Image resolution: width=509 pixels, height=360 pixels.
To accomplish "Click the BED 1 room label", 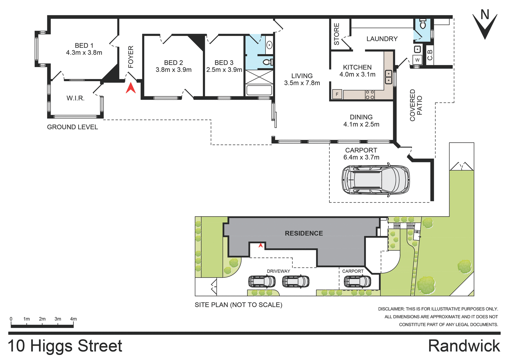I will tap(84, 46).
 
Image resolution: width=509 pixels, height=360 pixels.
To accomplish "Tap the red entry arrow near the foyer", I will tap(131, 88).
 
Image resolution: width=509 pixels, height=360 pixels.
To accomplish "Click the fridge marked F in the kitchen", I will tap(337, 94).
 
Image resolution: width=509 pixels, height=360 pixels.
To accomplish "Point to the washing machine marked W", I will tap(417, 60).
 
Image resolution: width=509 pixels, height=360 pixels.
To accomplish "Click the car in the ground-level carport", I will tap(376, 180).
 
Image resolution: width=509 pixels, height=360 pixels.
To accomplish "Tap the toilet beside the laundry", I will tap(423, 24).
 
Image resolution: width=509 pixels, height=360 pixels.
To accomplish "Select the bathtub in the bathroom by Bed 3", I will tap(259, 90).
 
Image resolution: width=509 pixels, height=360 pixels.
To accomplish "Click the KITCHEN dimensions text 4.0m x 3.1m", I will tap(357, 75).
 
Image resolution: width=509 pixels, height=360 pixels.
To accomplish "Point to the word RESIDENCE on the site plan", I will tap(304, 233).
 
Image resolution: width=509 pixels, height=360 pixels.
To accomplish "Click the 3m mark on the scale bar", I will tap(58, 319).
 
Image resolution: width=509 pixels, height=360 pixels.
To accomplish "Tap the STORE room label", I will tap(336, 34).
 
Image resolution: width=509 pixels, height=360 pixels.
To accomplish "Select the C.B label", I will tap(430, 55).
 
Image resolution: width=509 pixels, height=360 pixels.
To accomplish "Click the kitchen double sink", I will tap(388, 77).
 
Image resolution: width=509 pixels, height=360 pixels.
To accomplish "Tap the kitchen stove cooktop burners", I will tap(370, 95).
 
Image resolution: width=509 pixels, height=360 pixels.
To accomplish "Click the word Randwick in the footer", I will tap(464, 346).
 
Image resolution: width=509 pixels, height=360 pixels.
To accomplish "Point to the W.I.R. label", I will tap(76, 98).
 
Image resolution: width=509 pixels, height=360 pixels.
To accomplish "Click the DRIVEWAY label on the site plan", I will tap(278, 271).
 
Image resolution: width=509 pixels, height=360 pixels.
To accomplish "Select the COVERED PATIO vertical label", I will tap(416, 105).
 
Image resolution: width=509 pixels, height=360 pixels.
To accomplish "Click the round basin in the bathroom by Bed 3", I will tap(269, 45).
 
